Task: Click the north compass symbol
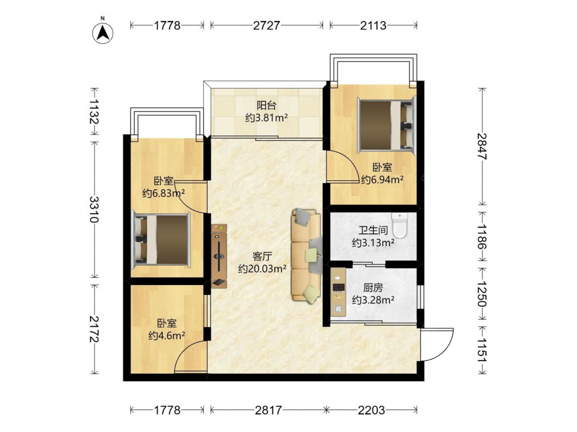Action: coord(103,33)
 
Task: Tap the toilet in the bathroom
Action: coord(400,225)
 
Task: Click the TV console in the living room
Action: coord(219,256)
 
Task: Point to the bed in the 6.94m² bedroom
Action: coord(387,125)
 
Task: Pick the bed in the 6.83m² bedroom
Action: coord(161,240)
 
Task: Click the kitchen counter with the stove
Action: coord(338,292)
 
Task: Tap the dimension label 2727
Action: coord(267,25)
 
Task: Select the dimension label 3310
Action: coord(95,209)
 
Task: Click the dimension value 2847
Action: coord(482,146)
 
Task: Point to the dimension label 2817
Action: coord(269,410)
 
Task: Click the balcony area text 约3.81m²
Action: coord(267,118)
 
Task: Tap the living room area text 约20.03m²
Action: coord(263,268)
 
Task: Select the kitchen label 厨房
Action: coord(373,287)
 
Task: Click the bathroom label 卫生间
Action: coord(373,230)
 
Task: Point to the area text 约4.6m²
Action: coord(167,335)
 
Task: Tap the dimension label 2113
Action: coord(373,25)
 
